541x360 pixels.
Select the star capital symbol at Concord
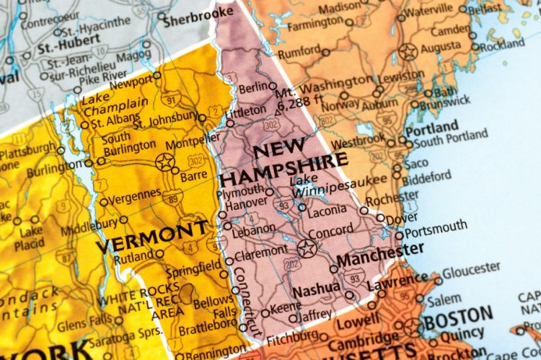tap(307, 249)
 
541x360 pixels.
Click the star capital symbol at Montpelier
tap(165, 161)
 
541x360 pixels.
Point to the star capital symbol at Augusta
tap(409, 52)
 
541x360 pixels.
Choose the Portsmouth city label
tap(436, 229)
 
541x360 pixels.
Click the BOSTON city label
tap(459, 317)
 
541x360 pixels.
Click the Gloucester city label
tap(472, 271)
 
